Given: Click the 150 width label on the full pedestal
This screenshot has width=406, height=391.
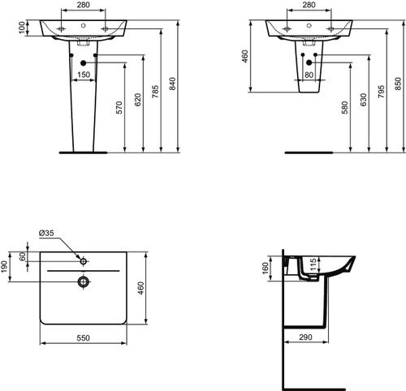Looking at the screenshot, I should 83,75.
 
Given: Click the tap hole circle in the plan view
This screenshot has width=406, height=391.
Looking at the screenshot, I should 83,260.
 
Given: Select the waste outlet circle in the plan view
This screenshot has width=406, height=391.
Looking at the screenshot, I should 83,281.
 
